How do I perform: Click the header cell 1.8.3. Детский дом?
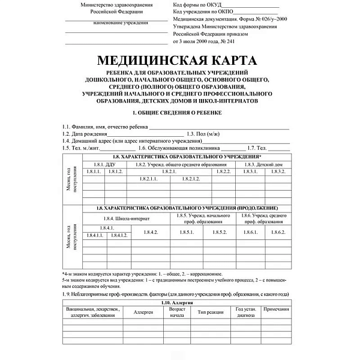264,164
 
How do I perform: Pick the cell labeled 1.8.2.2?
223,172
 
